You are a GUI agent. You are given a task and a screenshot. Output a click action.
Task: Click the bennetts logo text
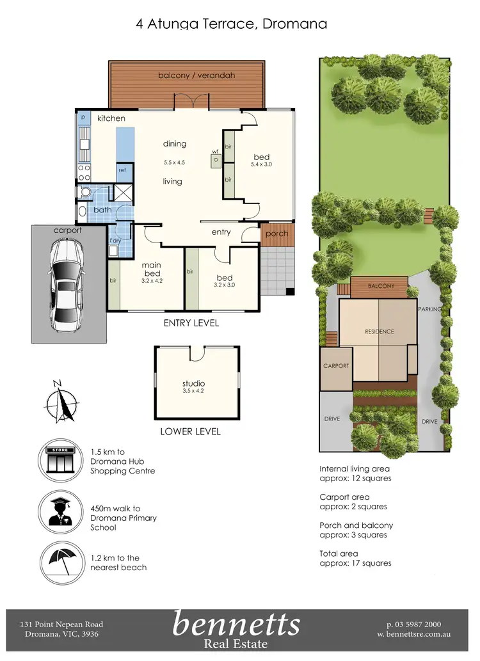[236, 624]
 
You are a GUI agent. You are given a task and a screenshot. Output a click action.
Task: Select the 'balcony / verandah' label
[188, 76]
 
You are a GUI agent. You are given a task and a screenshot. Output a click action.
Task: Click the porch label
[276, 234]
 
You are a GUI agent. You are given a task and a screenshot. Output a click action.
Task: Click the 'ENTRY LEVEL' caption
[191, 323]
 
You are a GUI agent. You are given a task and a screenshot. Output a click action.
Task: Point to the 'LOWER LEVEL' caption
[190, 432]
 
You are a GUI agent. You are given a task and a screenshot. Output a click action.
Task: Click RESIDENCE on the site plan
[380, 331]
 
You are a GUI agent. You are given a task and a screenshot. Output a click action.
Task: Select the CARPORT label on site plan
[336, 366]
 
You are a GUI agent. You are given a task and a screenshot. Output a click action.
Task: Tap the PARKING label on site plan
[429, 309]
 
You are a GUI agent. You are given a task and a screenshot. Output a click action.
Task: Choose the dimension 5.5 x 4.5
[174, 163]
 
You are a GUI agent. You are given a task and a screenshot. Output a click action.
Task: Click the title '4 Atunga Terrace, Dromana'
[231, 24]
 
